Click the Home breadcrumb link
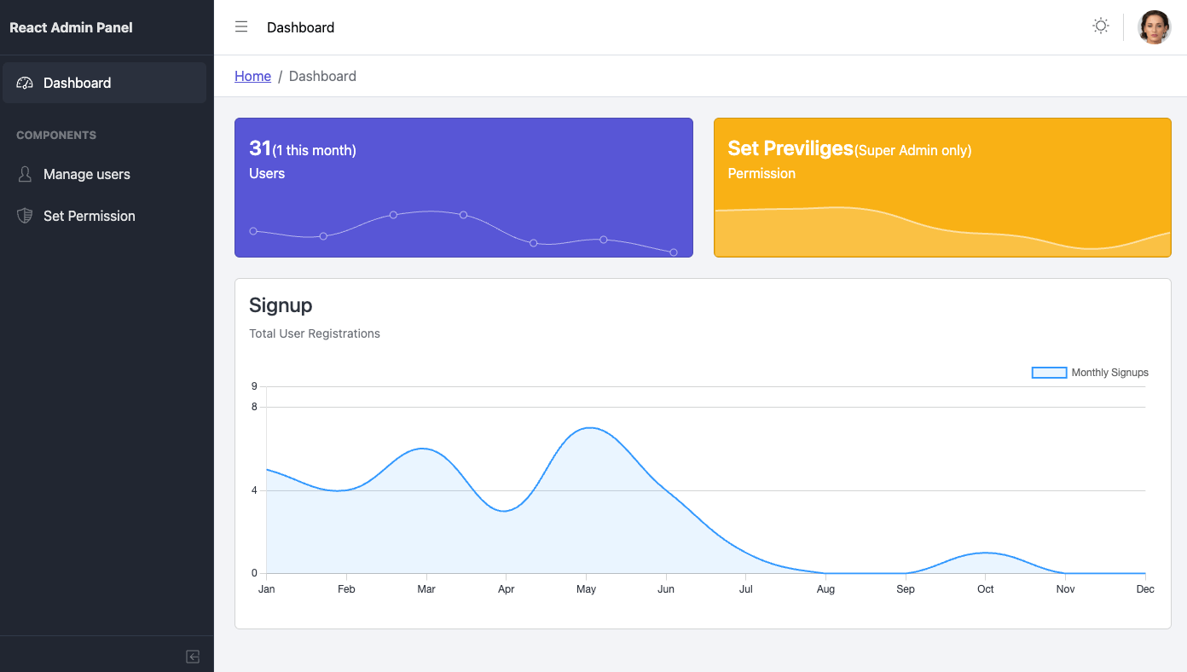(252, 76)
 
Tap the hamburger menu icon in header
(241, 26)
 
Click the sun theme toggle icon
(1101, 26)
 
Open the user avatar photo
(1155, 27)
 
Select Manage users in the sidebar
(86, 174)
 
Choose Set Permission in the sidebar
(89, 216)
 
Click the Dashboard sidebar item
(77, 83)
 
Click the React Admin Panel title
(71, 27)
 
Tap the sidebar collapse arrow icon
(193, 657)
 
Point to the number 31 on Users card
(260, 148)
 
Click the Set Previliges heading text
(790, 148)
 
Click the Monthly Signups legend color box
(1049, 373)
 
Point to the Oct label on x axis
(985, 589)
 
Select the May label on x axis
(586, 589)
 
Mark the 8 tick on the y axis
(254, 407)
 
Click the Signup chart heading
(281, 305)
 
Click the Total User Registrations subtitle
(314, 333)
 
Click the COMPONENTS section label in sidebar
(56, 135)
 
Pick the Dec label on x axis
(1144, 589)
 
